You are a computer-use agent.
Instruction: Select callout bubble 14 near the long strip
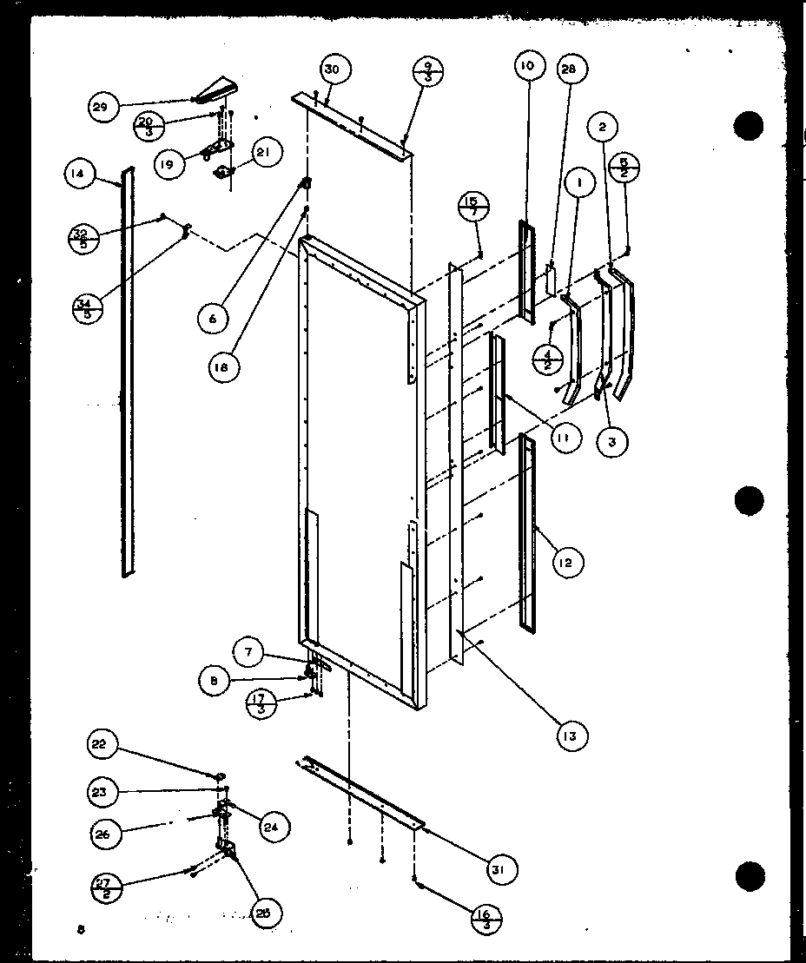(78, 174)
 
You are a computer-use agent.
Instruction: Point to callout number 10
(529, 65)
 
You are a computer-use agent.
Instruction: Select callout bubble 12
(566, 563)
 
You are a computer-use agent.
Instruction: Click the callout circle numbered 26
(103, 834)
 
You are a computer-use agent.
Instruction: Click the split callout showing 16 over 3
(487, 919)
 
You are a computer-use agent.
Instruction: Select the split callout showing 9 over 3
(429, 69)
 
